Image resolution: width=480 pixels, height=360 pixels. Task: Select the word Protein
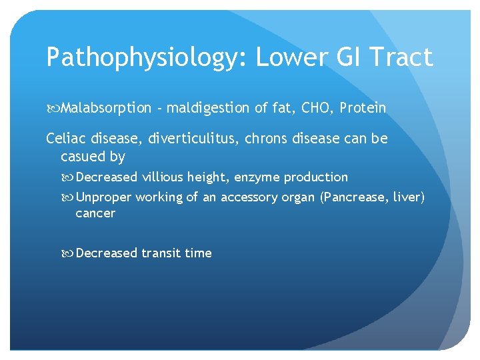tap(363, 107)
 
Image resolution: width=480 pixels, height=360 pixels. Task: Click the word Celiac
tap(66, 139)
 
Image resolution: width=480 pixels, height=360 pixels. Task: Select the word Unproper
tap(104, 197)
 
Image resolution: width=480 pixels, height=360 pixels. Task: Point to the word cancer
tap(95, 214)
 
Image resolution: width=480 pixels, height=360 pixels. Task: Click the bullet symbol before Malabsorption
tap(51, 108)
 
